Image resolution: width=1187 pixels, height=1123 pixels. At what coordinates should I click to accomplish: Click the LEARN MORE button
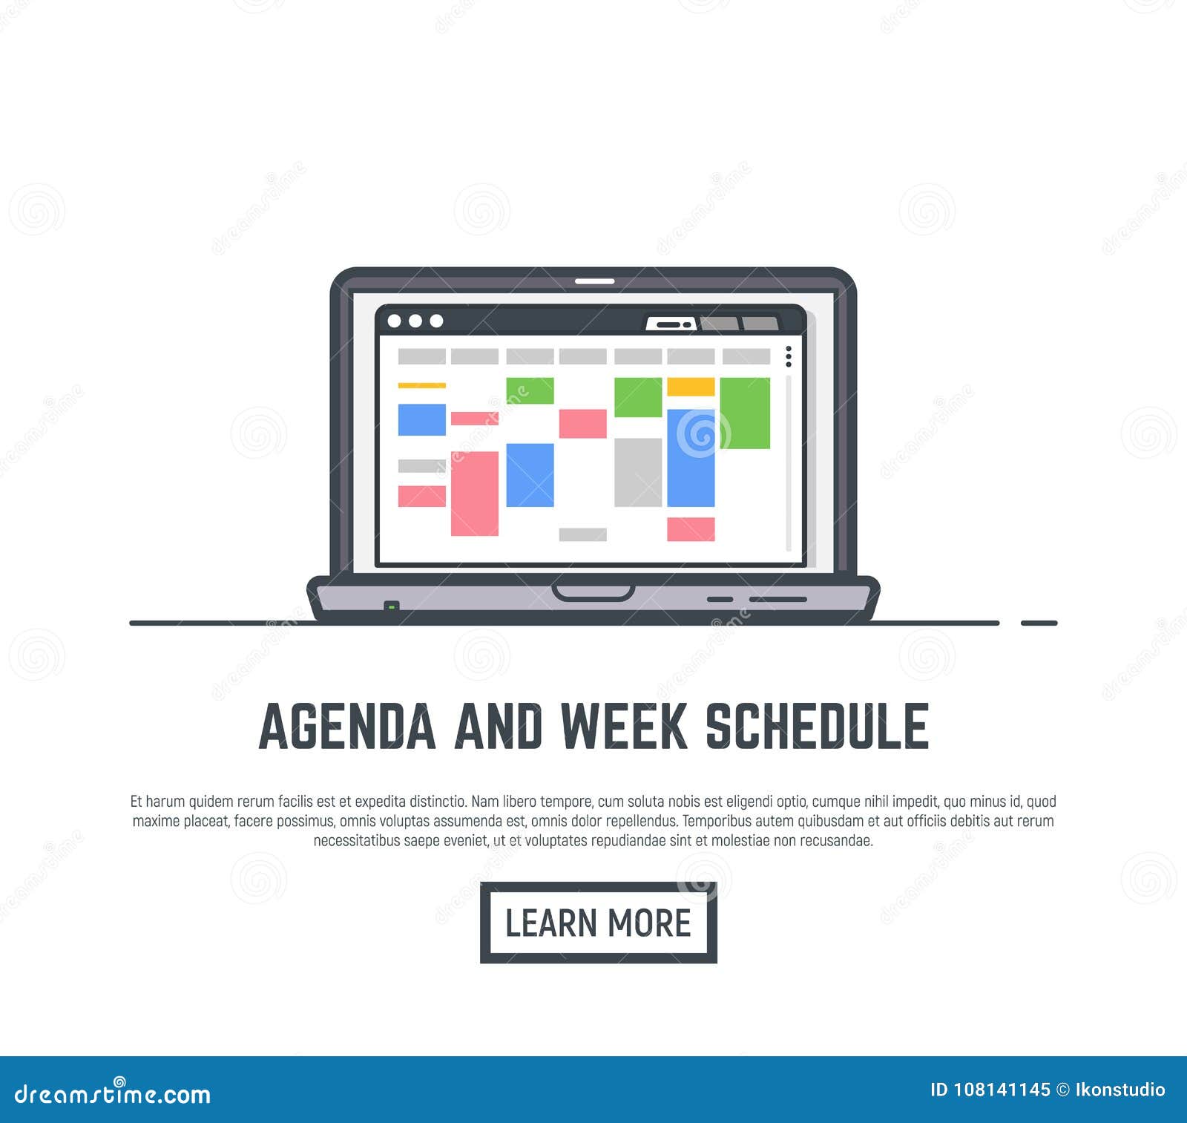[x=598, y=923]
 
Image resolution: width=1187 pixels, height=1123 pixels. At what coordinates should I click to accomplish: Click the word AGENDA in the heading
[x=347, y=726]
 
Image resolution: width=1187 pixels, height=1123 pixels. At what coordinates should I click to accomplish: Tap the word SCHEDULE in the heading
[x=817, y=726]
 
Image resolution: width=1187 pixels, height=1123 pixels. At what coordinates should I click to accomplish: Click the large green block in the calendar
[x=745, y=413]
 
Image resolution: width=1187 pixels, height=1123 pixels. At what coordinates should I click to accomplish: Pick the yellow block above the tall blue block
[x=691, y=387]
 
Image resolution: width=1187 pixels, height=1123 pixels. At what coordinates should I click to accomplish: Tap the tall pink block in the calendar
[x=475, y=494]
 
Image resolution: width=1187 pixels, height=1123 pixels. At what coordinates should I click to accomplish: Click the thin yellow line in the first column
[x=422, y=386]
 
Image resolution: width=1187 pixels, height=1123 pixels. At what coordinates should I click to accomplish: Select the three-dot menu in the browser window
[x=789, y=356]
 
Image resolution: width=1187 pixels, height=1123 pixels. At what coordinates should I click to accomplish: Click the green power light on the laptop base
[x=392, y=606]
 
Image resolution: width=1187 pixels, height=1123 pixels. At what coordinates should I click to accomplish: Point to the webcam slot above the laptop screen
[x=595, y=281]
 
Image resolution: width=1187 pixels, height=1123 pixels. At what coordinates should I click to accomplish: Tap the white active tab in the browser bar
[x=671, y=324]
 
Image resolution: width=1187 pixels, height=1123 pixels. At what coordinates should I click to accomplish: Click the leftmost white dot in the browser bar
[x=395, y=321]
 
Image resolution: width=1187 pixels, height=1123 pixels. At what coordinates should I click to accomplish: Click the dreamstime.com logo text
[x=113, y=1093]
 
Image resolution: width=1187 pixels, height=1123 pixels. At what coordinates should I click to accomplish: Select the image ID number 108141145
[x=1002, y=1090]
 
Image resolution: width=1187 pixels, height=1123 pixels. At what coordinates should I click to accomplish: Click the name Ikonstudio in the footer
[x=1120, y=1090]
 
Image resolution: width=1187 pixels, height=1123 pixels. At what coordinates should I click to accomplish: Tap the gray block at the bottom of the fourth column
[x=583, y=534]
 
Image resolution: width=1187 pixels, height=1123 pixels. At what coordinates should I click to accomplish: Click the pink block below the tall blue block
[x=691, y=529]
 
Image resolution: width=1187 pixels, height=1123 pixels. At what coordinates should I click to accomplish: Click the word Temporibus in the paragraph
[x=716, y=821]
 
